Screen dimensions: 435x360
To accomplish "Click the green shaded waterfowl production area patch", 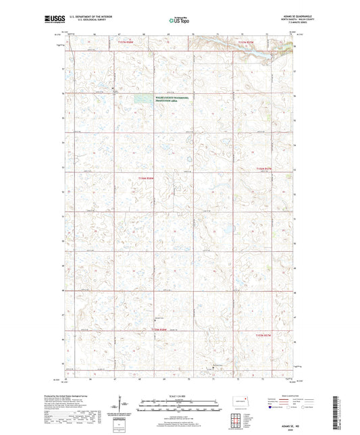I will [x=143, y=99].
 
